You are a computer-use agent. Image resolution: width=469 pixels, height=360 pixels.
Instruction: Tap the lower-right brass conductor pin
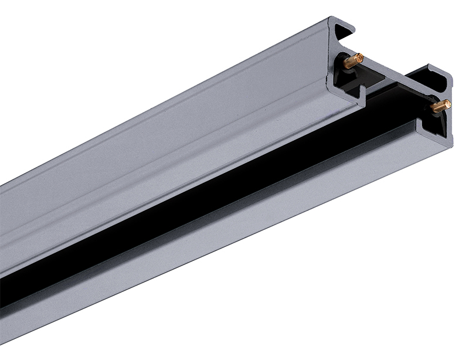pyautogui.click(x=440, y=106)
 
